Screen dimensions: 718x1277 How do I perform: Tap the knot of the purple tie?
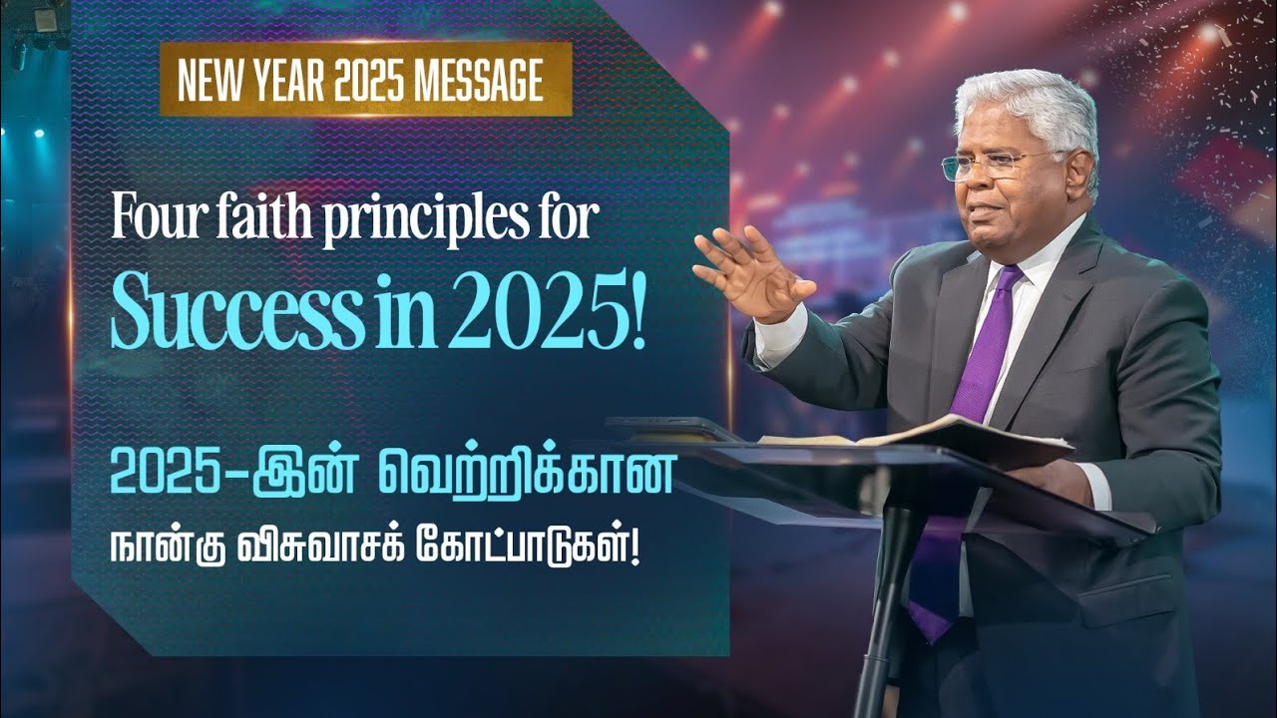[1009, 282]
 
